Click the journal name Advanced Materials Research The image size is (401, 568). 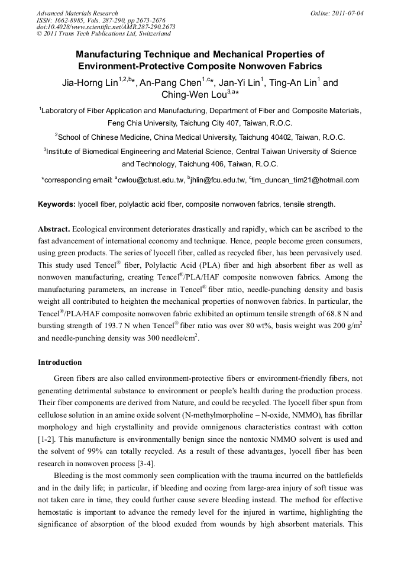pos(77,13)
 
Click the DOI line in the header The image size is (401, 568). pos(106,27)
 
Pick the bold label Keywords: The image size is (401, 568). pos(57,204)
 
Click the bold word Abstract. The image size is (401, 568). pos(54,229)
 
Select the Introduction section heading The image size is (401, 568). pos(60,362)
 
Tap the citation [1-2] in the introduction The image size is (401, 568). pos(47,439)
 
